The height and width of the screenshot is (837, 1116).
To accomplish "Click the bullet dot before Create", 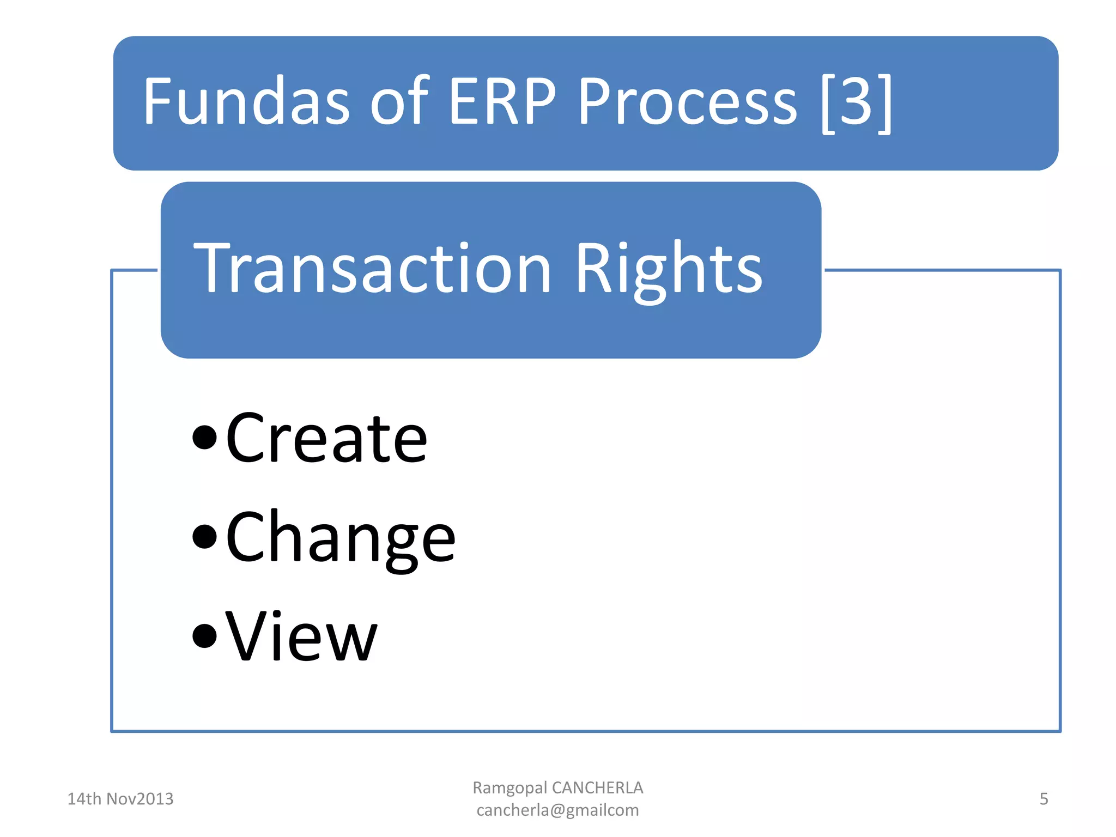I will pos(205,438).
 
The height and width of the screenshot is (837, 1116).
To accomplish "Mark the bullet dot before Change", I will pos(205,537).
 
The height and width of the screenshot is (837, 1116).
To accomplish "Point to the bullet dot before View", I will pos(205,635).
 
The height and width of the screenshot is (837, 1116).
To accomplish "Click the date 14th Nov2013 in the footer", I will pos(120,799).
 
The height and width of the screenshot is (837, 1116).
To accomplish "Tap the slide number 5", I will pos(1044,799).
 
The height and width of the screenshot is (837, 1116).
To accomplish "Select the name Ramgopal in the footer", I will pos(510,788).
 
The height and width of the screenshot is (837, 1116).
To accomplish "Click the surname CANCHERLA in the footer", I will pos(597,788).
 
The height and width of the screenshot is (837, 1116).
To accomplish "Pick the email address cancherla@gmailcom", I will pos(557,810).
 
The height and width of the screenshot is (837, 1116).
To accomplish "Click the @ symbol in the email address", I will pos(558,811).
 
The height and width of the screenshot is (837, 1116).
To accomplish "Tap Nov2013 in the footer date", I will pos(139,799).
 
